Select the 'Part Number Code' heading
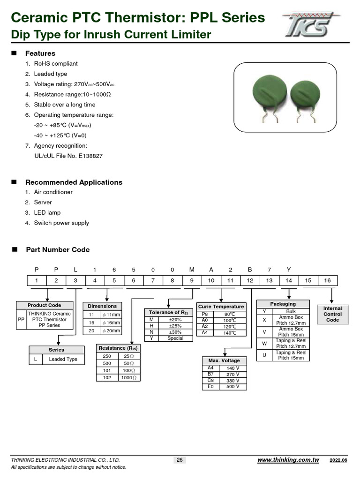click(x=58, y=250)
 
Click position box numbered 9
click(x=192, y=280)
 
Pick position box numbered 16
click(x=327, y=280)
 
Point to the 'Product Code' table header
click(x=45, y=306)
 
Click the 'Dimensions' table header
click(x=102, y=306)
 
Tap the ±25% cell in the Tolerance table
click(x=175, y=326)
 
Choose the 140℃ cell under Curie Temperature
click(x=229, y=333)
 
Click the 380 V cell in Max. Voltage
click(x=232, y=381)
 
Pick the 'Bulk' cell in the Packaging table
click(x=291, y=311)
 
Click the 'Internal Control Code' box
click(x=332, y=314)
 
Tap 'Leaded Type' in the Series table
click(x=63, y=360)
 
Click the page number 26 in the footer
click(x=180, y=460)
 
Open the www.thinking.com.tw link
click(x=288, y=460)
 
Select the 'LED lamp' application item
click(x=47, y=213)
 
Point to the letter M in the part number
click(x=192, y=269)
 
